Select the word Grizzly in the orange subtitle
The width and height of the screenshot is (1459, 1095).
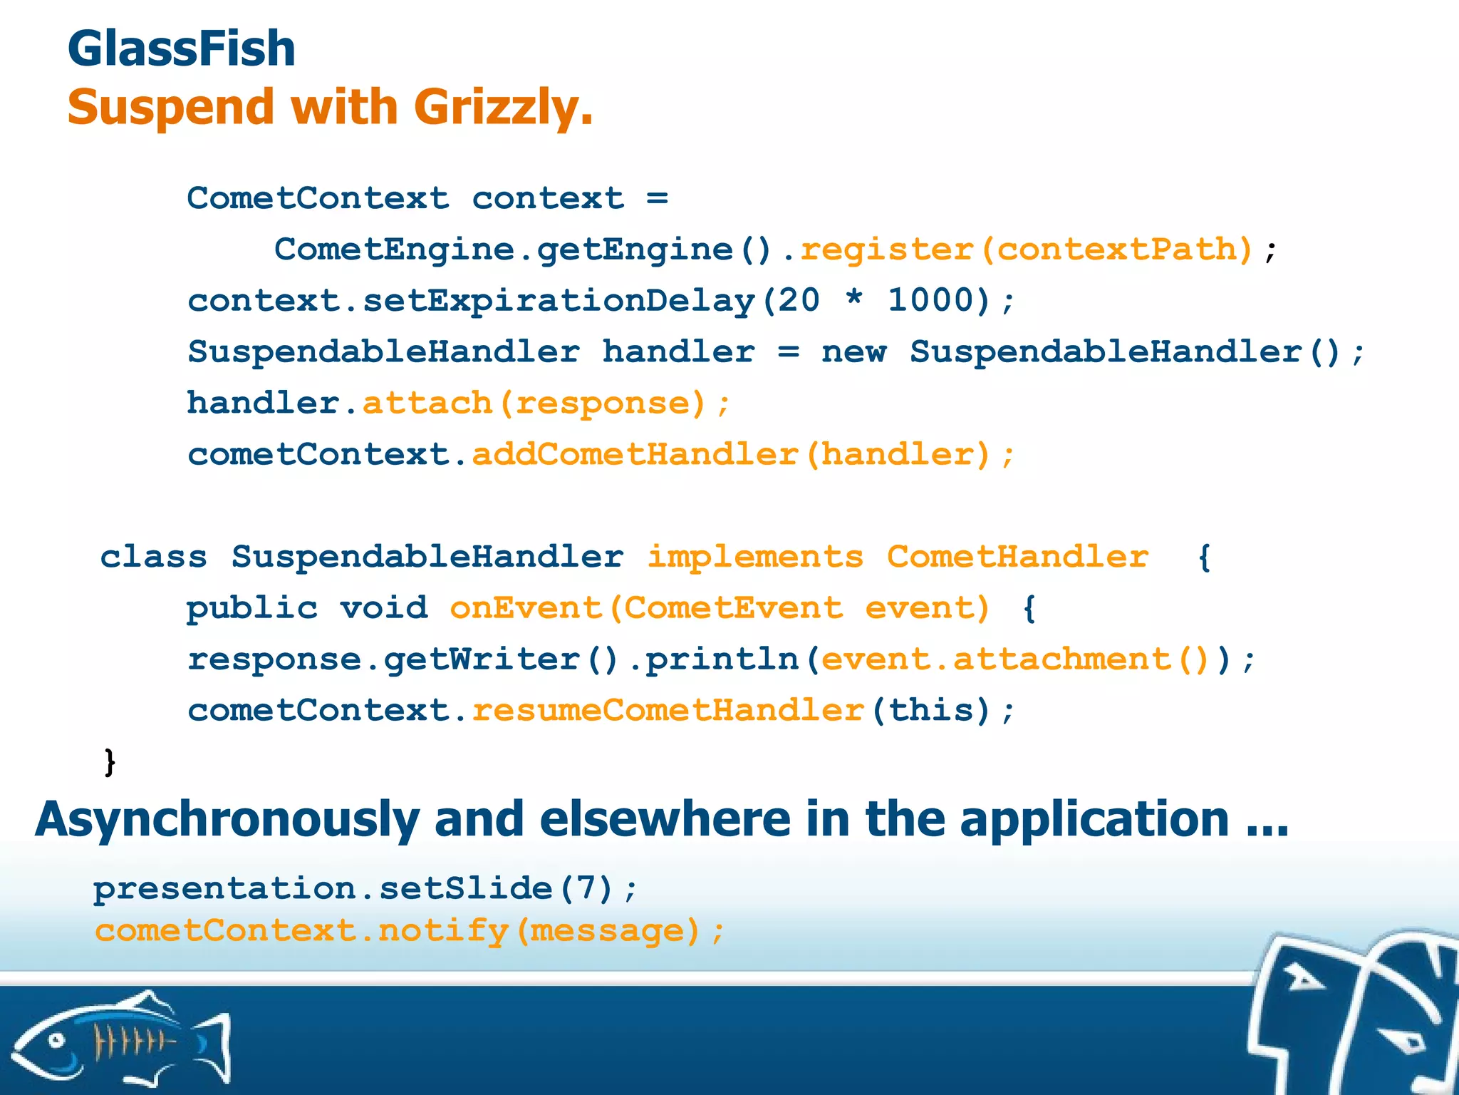[x=502, y=108]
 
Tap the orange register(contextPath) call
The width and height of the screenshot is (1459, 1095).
[x=1027, y=250]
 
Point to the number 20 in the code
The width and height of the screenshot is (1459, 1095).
[x=798, y=300]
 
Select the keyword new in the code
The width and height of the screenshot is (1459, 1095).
[x=853, y=352]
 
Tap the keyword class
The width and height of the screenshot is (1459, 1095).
[x=153, y=557]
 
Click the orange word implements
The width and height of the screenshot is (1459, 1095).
[x=754, y=557]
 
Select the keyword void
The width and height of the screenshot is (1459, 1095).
[x=383, y=608]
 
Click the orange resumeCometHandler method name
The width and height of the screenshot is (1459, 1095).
[x=668, y=711]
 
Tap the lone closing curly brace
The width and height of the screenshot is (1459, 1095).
[x=110, y=762]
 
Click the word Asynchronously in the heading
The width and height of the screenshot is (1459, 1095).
[x=227, y=819]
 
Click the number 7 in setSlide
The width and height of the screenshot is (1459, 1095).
[x=585, y=889]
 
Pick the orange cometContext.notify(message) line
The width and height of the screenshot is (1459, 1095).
[x=410, y=931]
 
